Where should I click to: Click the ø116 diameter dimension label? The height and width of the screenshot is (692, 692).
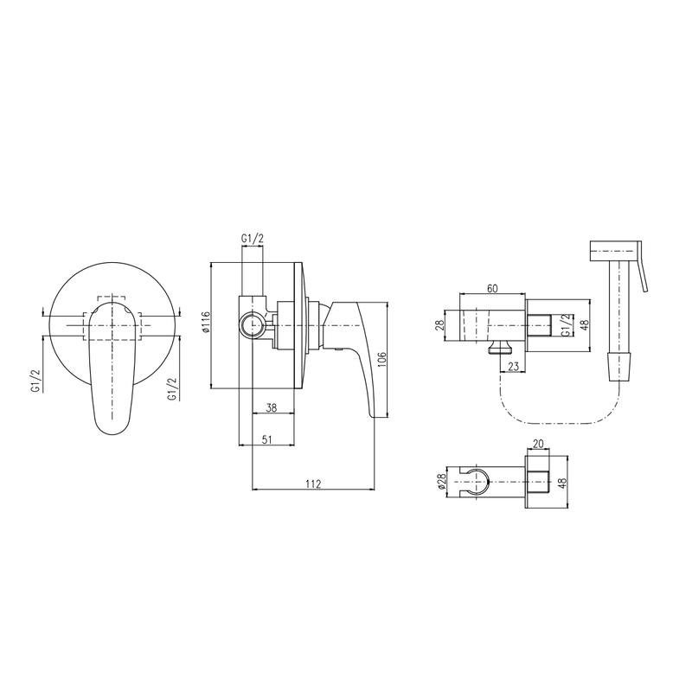[204, 322]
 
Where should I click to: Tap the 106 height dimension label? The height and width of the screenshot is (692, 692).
[382, 360]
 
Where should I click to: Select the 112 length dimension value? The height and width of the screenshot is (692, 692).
[313, 484]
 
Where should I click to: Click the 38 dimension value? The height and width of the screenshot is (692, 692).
[272, 407]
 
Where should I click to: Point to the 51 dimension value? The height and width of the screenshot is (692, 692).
[266, 439]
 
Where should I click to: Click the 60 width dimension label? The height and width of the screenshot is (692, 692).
[492, 289]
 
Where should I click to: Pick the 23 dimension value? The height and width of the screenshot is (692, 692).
[513, 366]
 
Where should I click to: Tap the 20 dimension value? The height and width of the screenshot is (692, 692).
[538, 444]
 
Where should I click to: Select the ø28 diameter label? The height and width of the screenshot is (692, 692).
[442, 483]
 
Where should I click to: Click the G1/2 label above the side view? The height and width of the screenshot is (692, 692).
[253, 239]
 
